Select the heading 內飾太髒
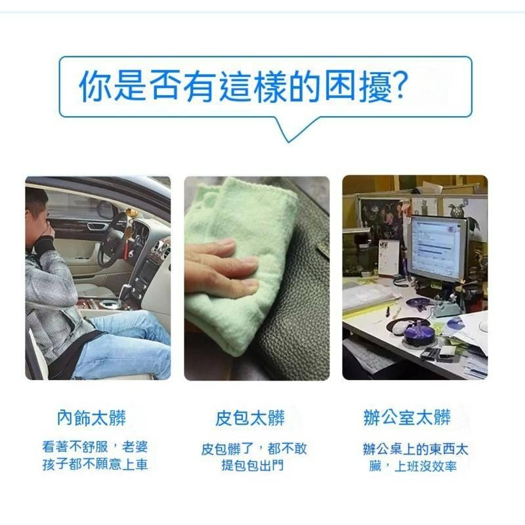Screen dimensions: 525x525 point(91,417)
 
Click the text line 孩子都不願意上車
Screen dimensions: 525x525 point(94,465)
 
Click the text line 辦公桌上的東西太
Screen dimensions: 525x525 point(415,450)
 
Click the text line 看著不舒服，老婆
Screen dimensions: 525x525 point(95,448)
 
